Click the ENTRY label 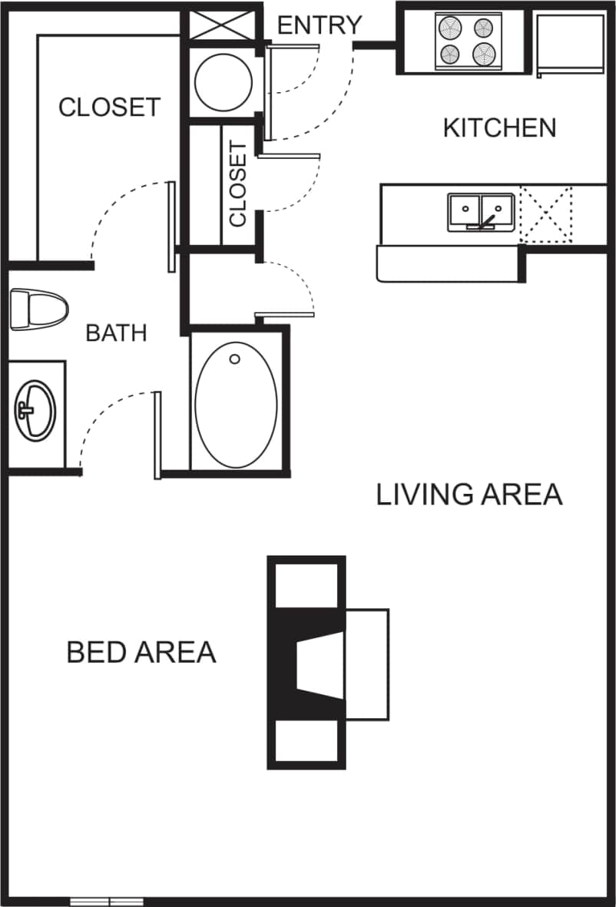click(x=319, y=25)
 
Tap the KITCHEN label click(x=499, y=127)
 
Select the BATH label click(x=116, y=333)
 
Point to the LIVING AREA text click(x=469, y=495)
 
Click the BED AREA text click(x=141, y=652)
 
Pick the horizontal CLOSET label click(x=109, y=107)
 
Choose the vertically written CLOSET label click(x=238, y=184)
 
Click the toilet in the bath click(x=38, y=309)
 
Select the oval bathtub click(x=236, y=404)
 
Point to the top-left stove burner click(x=450, y=28)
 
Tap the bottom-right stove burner click(x=484, y=54)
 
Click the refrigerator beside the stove click(x=570, y=44)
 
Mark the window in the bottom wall click(x=107, y=900)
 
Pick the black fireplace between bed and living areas click(x=307, y=662)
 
